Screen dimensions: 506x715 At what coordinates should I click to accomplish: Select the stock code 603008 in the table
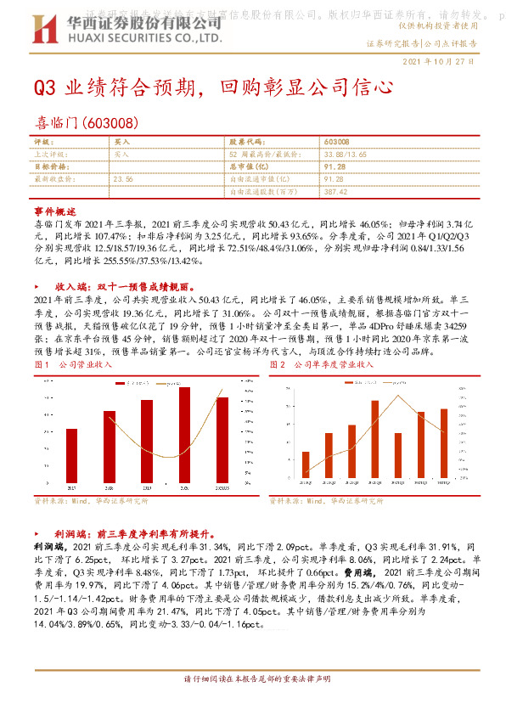(337, 140)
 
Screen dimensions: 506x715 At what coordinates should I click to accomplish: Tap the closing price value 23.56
(123, 179)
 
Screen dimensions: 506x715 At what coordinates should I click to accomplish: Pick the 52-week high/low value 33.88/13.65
(346, 154)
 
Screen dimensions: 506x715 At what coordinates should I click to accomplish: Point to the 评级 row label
(43, 140)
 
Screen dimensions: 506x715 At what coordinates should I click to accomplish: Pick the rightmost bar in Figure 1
(222, 439)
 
